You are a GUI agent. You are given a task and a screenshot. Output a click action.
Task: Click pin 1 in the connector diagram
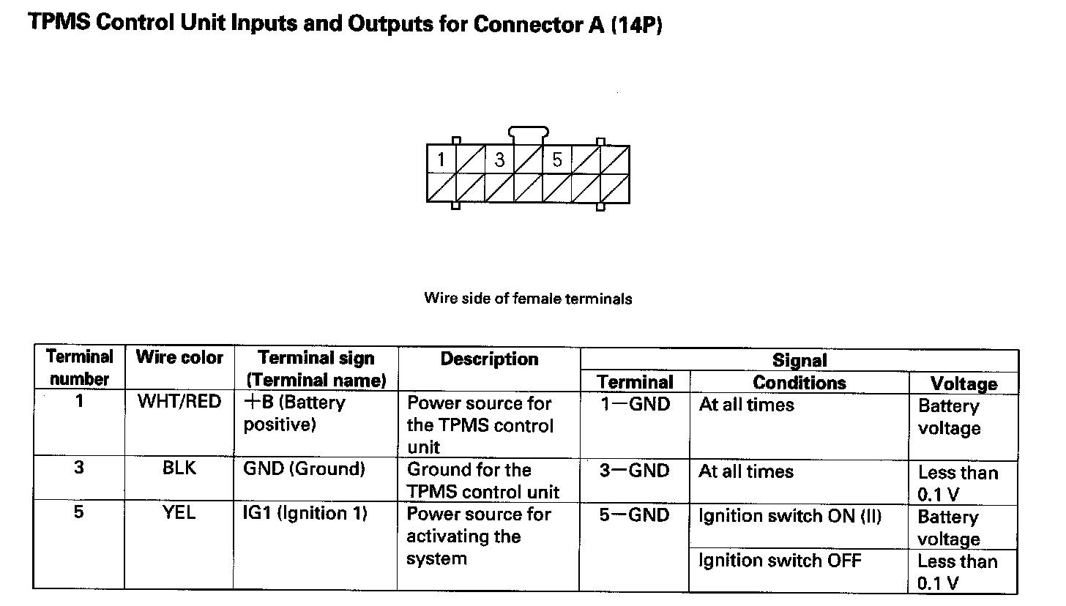441,160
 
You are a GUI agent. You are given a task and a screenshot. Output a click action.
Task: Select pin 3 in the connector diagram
499,160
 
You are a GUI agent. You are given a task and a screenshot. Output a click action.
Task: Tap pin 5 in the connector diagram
557,160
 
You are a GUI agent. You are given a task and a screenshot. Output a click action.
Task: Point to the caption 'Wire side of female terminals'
528,299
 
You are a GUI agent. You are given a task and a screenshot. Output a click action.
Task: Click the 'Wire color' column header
179,358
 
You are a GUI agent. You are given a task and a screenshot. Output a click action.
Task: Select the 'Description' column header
489,359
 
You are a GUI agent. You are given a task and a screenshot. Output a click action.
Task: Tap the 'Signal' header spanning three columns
799,360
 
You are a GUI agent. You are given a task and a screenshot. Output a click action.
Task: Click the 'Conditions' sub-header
799,383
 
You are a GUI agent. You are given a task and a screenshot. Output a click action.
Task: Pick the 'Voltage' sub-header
963,384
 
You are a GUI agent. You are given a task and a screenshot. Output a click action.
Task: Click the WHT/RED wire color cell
179,402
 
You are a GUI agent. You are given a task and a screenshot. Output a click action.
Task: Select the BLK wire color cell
179,468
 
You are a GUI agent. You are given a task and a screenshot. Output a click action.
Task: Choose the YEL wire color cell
179,513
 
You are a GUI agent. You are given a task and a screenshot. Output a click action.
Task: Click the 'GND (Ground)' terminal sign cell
304,468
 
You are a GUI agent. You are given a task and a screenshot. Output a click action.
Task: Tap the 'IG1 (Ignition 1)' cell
305,513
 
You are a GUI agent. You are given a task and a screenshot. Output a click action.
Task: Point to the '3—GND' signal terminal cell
634,471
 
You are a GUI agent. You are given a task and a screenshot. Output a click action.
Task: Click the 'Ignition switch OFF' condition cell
780,561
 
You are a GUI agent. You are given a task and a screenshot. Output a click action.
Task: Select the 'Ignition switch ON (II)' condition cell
790,516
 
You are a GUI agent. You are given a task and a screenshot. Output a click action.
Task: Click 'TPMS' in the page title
59,23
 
